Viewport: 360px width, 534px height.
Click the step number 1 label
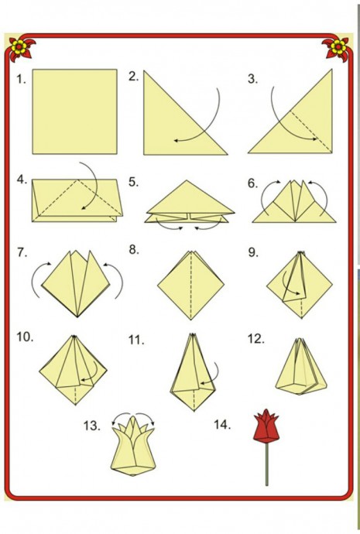[x=21, y=80]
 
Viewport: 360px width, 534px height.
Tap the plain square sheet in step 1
[x=74, y=111]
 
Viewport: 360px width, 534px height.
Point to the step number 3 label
[x=252, y=79]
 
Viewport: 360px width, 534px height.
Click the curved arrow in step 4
[x=95, y=184]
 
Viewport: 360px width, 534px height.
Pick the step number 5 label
[x=133, y=182]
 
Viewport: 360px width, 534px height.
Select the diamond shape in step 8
[x=190, y=286]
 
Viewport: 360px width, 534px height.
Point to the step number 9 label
[x=253, y=252]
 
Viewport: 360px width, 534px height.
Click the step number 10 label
[x=26, y=337]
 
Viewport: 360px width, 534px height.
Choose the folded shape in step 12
[x=301, y=366]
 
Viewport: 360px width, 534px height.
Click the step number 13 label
[x=92, y=426]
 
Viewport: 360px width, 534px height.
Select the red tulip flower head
[x=266, y=426]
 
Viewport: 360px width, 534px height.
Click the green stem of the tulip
[x=266, y=464]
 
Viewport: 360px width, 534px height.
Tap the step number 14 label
[x=222, y=425]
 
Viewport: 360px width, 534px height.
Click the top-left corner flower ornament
[x=20, y=48]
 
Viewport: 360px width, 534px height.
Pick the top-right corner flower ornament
[x=338, y=48]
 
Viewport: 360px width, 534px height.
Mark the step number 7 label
[x=22, y=253]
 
